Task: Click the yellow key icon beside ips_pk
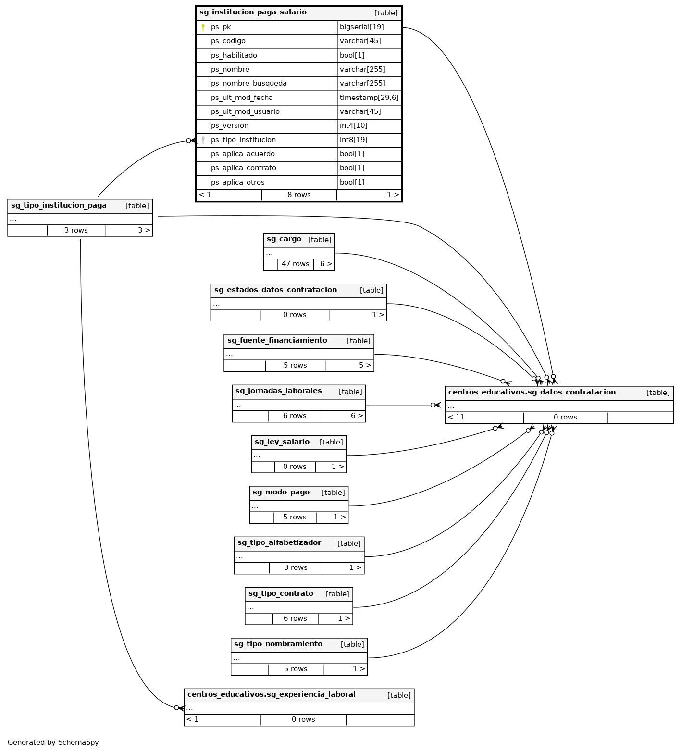point(203,27)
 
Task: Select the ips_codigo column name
point(227,41)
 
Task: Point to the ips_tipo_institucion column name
point(242,140)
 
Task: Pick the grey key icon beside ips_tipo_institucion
point(203,140)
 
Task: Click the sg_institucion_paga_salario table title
point(253,12)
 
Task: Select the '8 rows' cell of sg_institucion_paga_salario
point(299,195)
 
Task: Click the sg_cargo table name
point(284,239)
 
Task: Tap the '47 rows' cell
point(295,264)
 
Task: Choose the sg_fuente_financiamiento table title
point(277,341)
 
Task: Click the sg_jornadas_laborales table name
point(279,391)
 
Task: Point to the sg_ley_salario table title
point(282,442)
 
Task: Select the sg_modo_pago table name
point(281,493)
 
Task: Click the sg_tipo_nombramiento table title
point(278,644)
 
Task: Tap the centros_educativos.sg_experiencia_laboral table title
point(272,695)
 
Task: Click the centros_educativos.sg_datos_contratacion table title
point(532,393)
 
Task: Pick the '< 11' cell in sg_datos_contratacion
point(456,417)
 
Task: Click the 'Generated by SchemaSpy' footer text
point(53,742)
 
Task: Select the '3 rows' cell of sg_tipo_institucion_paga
point(76,230)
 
